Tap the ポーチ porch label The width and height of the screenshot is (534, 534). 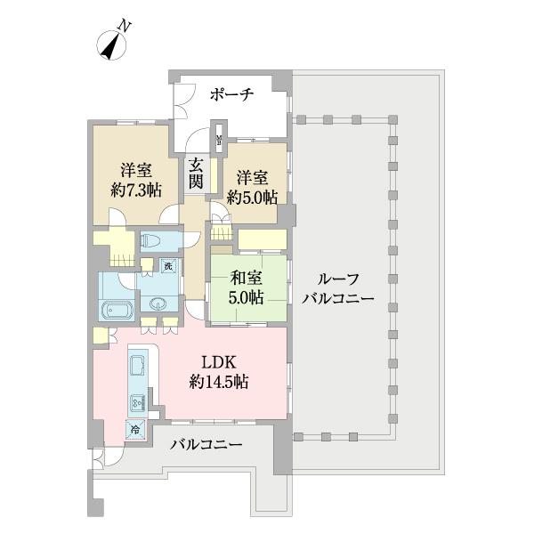click(233, 93)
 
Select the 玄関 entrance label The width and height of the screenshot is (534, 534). click(195, 172)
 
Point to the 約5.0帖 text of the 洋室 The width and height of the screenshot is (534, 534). click(252, 197)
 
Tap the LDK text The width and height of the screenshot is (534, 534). click(218, 363)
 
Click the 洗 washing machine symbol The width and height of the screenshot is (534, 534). click(167, 265)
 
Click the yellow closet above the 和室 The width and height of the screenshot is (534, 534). click(263, 239)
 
